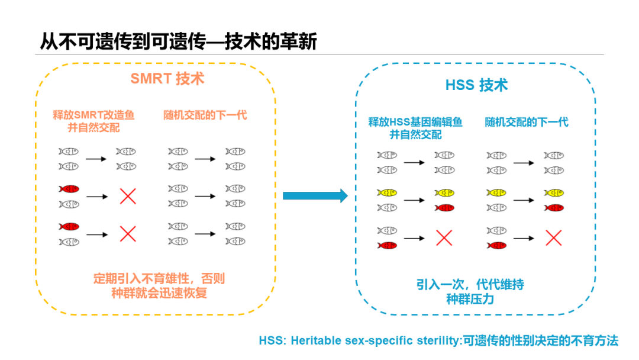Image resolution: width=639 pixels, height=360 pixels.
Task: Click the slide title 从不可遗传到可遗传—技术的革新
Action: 177,41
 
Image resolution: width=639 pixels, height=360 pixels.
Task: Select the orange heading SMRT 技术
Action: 167,79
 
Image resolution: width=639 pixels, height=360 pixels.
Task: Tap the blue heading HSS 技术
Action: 476,85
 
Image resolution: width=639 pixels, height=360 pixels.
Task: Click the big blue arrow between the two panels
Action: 315,195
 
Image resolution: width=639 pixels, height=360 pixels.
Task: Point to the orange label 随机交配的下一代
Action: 205,115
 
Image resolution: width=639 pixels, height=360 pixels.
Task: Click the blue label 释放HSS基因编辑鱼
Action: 415,122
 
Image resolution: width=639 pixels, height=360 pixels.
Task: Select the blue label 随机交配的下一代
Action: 527,122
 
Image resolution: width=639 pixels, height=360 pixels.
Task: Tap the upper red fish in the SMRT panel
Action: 69,189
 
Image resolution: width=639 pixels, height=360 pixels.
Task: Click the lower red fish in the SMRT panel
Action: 69,226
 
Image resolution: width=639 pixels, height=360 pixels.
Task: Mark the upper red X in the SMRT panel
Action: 128,196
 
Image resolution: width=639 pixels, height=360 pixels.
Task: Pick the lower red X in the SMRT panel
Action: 128,233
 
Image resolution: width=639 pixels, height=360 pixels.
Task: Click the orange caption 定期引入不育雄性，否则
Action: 159,279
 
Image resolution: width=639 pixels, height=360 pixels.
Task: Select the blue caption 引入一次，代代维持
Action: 470,285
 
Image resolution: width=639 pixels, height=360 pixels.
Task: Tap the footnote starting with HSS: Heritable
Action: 438,341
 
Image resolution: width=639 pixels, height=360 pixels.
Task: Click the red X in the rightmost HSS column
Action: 553,238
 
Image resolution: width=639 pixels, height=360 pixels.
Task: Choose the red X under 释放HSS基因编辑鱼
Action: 444,238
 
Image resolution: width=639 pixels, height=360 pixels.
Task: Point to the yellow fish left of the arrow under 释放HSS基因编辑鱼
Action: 387,193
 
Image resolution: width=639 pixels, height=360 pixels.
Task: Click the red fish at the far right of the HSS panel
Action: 554,208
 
